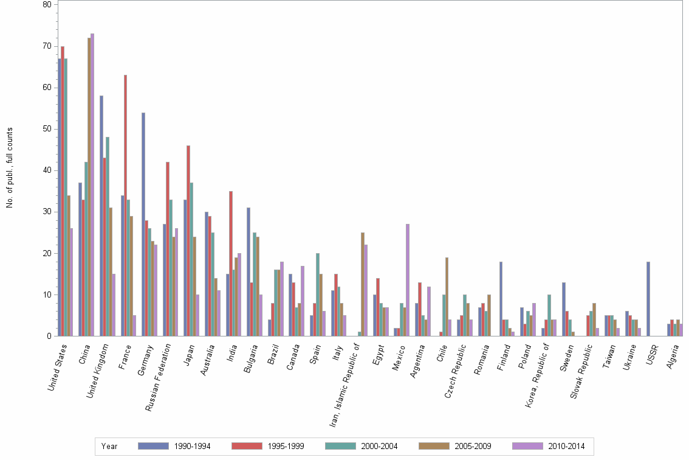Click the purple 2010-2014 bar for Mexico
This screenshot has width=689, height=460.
pyautogui.click(x=408, y=280)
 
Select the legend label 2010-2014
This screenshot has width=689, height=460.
pyautogui.click(x=566, y=446)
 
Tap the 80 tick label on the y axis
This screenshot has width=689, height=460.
pyautogui.click(x=47, y=5)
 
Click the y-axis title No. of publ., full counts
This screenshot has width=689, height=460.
pyautogui.click(x=9, y=167)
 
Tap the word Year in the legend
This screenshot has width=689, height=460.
pyautogui.click(x=109, y=446)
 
